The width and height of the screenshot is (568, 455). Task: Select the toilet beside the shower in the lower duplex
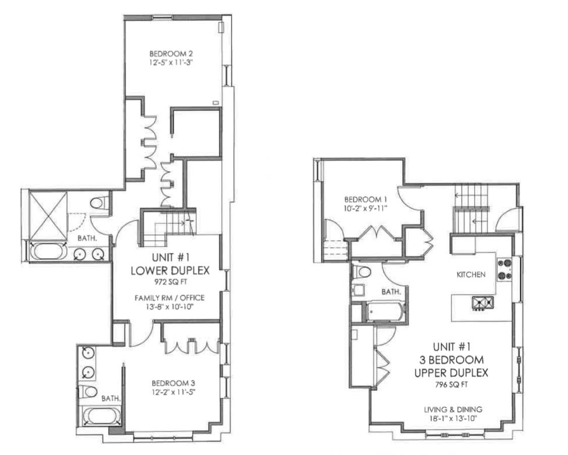tap(98, 203)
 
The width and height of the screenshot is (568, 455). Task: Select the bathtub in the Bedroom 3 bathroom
tap(101, 417)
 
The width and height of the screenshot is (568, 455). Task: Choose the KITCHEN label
tap(471, 275)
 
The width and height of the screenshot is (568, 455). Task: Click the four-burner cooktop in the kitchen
tap(504, 269)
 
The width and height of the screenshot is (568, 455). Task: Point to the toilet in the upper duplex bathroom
tap(363, 272)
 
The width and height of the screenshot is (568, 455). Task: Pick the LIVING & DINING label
tap(453, 409)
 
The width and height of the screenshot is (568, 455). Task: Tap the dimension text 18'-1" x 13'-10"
tap(453, 418)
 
